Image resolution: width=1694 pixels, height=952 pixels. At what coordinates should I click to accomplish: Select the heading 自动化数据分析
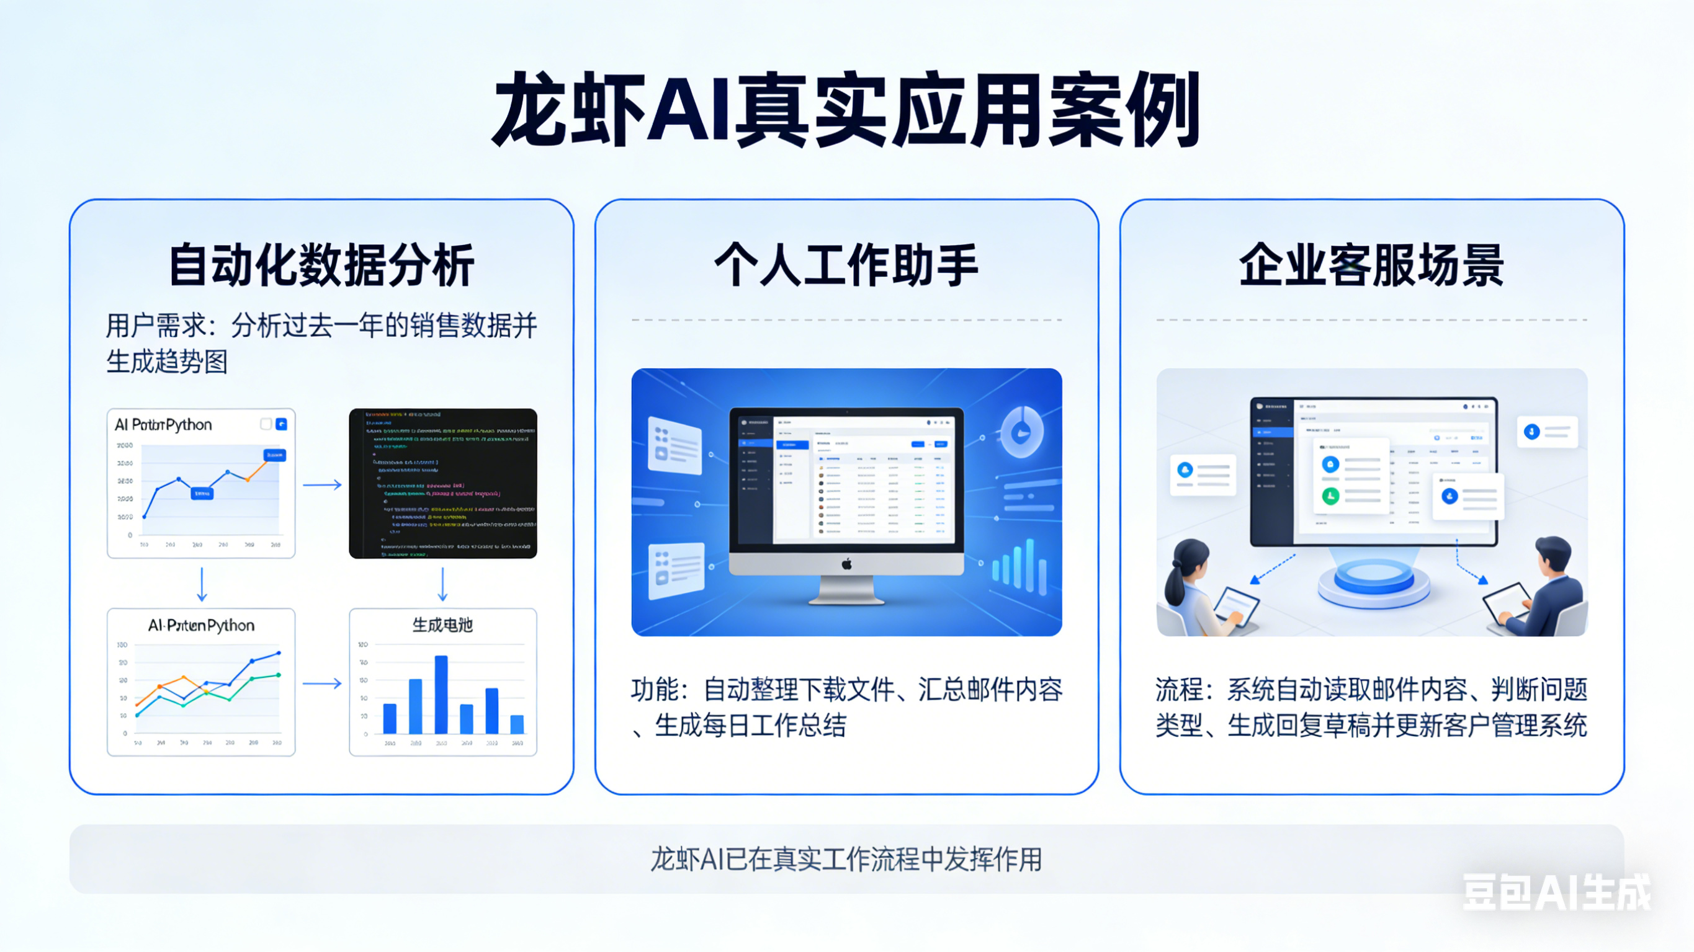point(321,265)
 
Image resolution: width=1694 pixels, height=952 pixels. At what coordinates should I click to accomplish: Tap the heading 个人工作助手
point(846,265)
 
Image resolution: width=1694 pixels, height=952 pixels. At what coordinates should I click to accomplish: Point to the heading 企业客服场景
point(1372,265)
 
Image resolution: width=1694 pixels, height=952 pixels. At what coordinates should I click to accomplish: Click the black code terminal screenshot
point(442,483)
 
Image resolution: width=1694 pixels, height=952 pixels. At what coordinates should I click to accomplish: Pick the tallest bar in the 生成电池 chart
point(441,693)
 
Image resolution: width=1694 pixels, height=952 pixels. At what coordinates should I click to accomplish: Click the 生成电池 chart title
point(442,625)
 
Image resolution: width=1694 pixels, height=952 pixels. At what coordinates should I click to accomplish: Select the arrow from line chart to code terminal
point(322,485)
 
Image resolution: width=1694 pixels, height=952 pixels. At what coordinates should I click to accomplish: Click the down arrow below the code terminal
point(442,584)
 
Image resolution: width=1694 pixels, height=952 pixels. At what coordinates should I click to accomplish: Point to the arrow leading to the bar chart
point(322,683)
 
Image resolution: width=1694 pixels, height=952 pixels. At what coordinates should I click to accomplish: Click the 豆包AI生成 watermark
point(1556,892)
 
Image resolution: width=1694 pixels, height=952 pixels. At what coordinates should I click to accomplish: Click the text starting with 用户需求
point(321,343)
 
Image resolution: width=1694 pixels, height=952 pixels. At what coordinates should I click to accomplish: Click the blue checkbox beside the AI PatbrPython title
point(282,424)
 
